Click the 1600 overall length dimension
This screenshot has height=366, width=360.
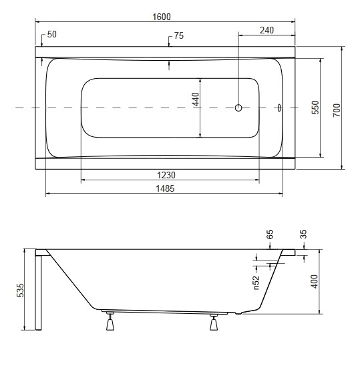162,17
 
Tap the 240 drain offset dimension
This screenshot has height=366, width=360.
267,30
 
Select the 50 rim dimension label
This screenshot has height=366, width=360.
52,34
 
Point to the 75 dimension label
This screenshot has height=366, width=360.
179,35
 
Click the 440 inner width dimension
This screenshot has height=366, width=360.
196,100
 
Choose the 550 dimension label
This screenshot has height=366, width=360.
315,108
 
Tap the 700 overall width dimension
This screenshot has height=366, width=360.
337,110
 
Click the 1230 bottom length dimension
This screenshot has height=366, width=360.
166,175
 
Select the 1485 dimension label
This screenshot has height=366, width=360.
165,188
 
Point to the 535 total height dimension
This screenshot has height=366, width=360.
20,290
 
